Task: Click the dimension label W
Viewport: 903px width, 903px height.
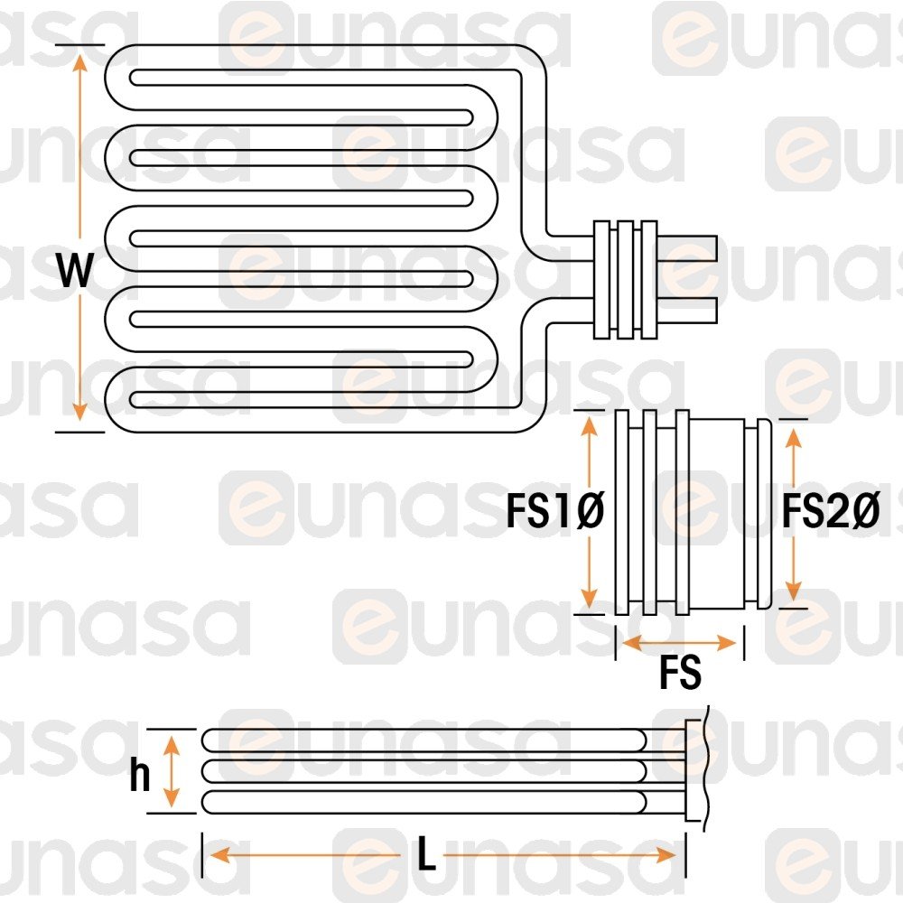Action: tap(77, 270)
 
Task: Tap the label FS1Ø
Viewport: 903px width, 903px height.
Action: tap(554, 514)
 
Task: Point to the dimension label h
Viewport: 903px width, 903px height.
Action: tap(139, 775)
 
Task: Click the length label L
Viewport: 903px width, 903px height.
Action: tap(426, 855)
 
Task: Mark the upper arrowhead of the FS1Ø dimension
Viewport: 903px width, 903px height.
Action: tap(590, 422)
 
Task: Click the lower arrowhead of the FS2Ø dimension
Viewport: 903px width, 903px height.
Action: tap(793, 593)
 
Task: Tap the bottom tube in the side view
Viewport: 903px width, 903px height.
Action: tap(424, 801)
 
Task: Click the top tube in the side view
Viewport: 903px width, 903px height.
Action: tap(424, 740)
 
